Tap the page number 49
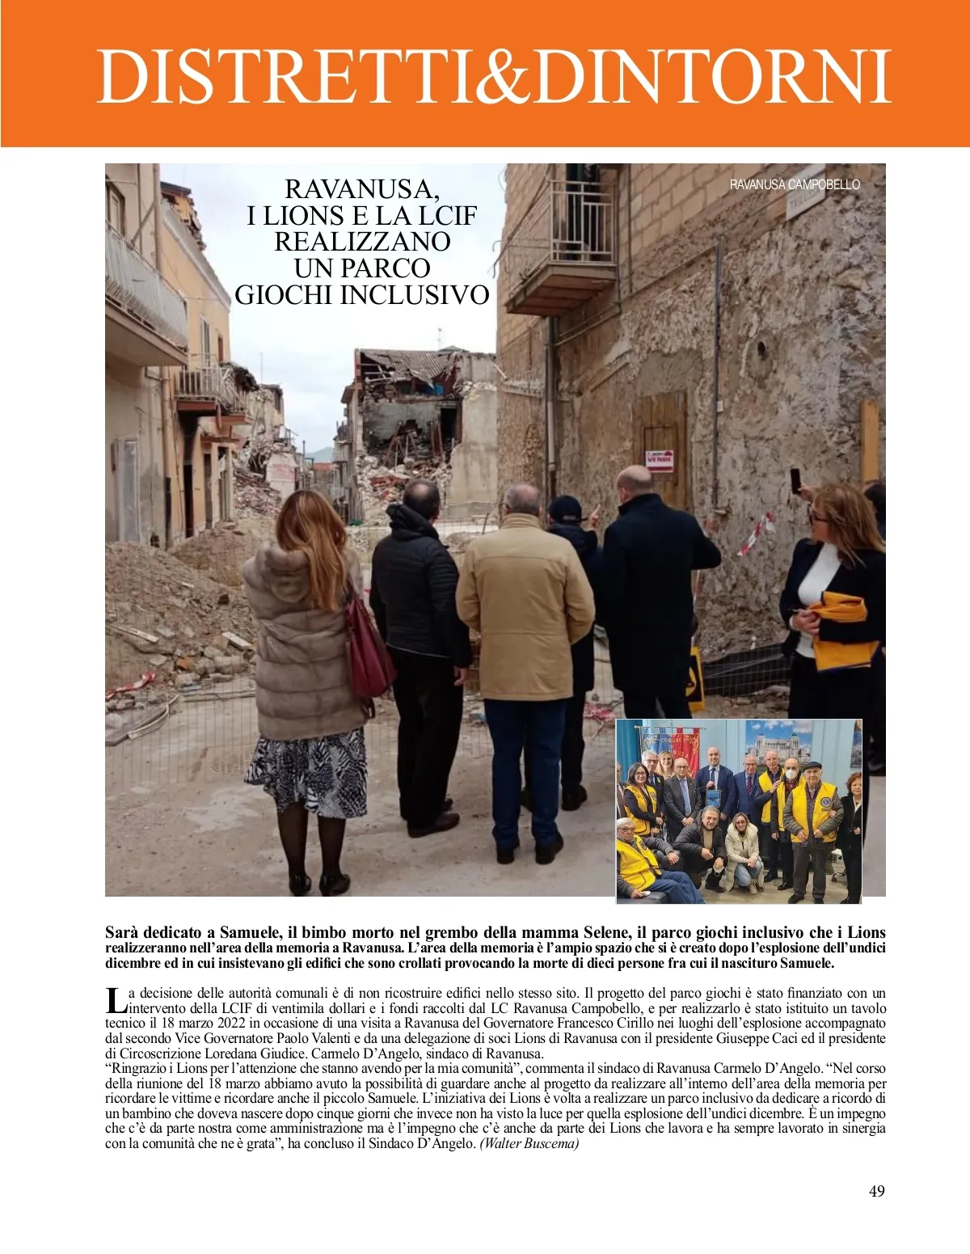(x=876, y=1191)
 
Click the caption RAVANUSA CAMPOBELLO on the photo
(x=795, y=184)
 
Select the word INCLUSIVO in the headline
(x=415, y=295)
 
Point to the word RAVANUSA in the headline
(x=362, y=189)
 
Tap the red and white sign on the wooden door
(x=660, y=461)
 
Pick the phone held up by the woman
(x=795, y=480)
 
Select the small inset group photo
(x=739, y=810)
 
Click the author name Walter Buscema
(x=529, y=1143)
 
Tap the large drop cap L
(x=116, y=1000)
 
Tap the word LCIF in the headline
(x=447, y=216)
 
